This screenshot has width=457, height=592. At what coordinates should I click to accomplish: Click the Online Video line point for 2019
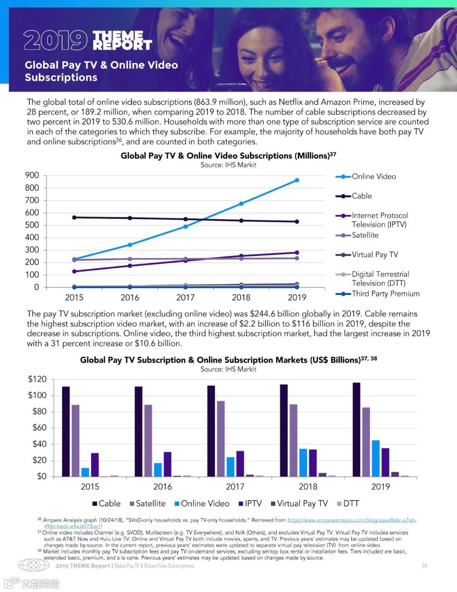pyautogui.click(x=297, y=180)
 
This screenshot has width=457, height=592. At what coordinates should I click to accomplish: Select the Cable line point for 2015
pyautogui.click(x=74, y=217)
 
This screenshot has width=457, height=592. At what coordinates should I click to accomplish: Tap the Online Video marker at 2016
pyautogui.click(x=130, y=245)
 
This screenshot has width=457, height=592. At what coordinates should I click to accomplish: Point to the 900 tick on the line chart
pyautogui.click(x=32, y=175)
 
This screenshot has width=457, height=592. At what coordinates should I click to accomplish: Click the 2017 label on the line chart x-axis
pyautogui.click(x=185, y=297)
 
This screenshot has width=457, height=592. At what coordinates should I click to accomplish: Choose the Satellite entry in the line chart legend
pyautogui.click(x=365, y=235)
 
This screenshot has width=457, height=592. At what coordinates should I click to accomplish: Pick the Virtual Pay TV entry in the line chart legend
pyautogui.click(x=374, y=255)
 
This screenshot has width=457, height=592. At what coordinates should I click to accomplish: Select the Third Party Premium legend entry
pyautogui.click(x=385, y=294)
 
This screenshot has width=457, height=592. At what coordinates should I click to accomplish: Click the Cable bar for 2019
pyautogui.click(x=356, y=429)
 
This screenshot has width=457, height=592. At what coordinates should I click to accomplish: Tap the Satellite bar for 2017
pyautogui.click(x=220, y=439)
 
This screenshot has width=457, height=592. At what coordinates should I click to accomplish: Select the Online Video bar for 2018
pyautogui.click(x=303, y=462)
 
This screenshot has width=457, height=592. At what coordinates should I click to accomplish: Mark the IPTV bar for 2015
pyautogui.click(x=95, y=464)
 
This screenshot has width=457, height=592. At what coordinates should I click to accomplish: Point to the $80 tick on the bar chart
pyautogui.click(x=39, y=411)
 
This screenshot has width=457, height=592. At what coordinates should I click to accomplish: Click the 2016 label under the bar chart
pyautogui.click(x=162, y=486)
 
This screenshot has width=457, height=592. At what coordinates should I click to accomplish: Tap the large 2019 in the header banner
pyautogui.click(x=55, y=40)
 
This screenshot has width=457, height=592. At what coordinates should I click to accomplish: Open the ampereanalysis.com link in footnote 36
pyautogui.click(x=352, y=520)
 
